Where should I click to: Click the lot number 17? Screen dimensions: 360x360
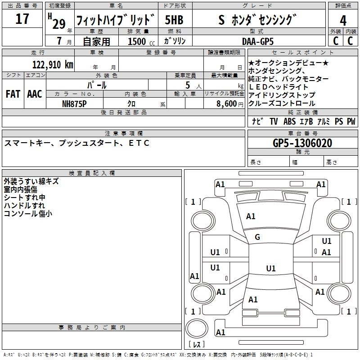coord(22,19)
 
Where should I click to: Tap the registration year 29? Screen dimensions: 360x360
coord(58,24)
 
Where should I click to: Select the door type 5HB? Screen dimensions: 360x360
coord(174,20)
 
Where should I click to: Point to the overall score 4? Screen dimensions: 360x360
coord(343,20)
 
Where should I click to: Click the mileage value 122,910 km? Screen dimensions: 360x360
coord(53,64)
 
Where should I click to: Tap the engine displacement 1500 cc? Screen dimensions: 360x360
coord(137,41)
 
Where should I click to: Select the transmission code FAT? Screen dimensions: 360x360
coord(13,94)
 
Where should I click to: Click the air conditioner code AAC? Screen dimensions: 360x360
coord(34,94)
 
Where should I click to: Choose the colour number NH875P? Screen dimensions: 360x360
coord(74,103)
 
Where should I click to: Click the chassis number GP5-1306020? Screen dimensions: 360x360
coord(302,143)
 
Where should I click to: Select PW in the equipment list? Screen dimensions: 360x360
coord(351,121)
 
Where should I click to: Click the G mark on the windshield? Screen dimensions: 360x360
coord(257,237)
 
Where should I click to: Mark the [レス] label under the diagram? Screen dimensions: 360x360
coord(197,344)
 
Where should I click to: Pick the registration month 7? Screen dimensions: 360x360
coord(59,41)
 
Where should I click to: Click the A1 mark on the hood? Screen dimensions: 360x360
coord(251,216)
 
